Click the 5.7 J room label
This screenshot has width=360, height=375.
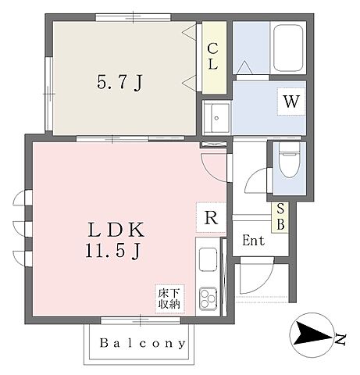click(119, 83)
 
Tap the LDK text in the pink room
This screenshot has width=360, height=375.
click(116, 230)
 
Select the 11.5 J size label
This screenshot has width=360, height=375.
click(113, 252)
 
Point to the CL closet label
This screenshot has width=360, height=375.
click(212, 56)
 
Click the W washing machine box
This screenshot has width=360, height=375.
click(291, 102)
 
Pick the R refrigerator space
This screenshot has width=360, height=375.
click(211, 217)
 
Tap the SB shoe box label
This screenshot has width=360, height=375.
click(280, 216)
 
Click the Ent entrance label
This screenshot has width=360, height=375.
click(253, 241)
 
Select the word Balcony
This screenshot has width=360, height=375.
click(143, 343)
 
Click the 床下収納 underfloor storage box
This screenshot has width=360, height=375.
click(169, 298)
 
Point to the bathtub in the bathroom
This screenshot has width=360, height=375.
click(288, 48)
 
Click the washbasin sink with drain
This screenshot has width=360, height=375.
click(216, 118)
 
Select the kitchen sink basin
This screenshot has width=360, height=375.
click(208, 259)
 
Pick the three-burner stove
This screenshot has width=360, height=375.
click(208, 298)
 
